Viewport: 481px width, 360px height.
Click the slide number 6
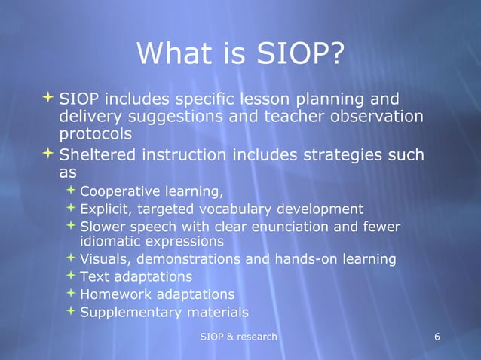click(438, 336)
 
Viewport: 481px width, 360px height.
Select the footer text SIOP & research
click(238, 336)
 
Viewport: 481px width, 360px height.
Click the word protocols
click(96, 134)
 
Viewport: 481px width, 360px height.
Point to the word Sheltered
click(95, 155)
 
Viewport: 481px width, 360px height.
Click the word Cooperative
click(117, 190)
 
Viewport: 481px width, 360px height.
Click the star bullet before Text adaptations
click(70, 276)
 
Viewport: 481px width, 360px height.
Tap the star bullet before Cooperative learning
click(70, 189)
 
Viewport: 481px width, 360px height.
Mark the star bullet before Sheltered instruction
click(48, 154)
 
